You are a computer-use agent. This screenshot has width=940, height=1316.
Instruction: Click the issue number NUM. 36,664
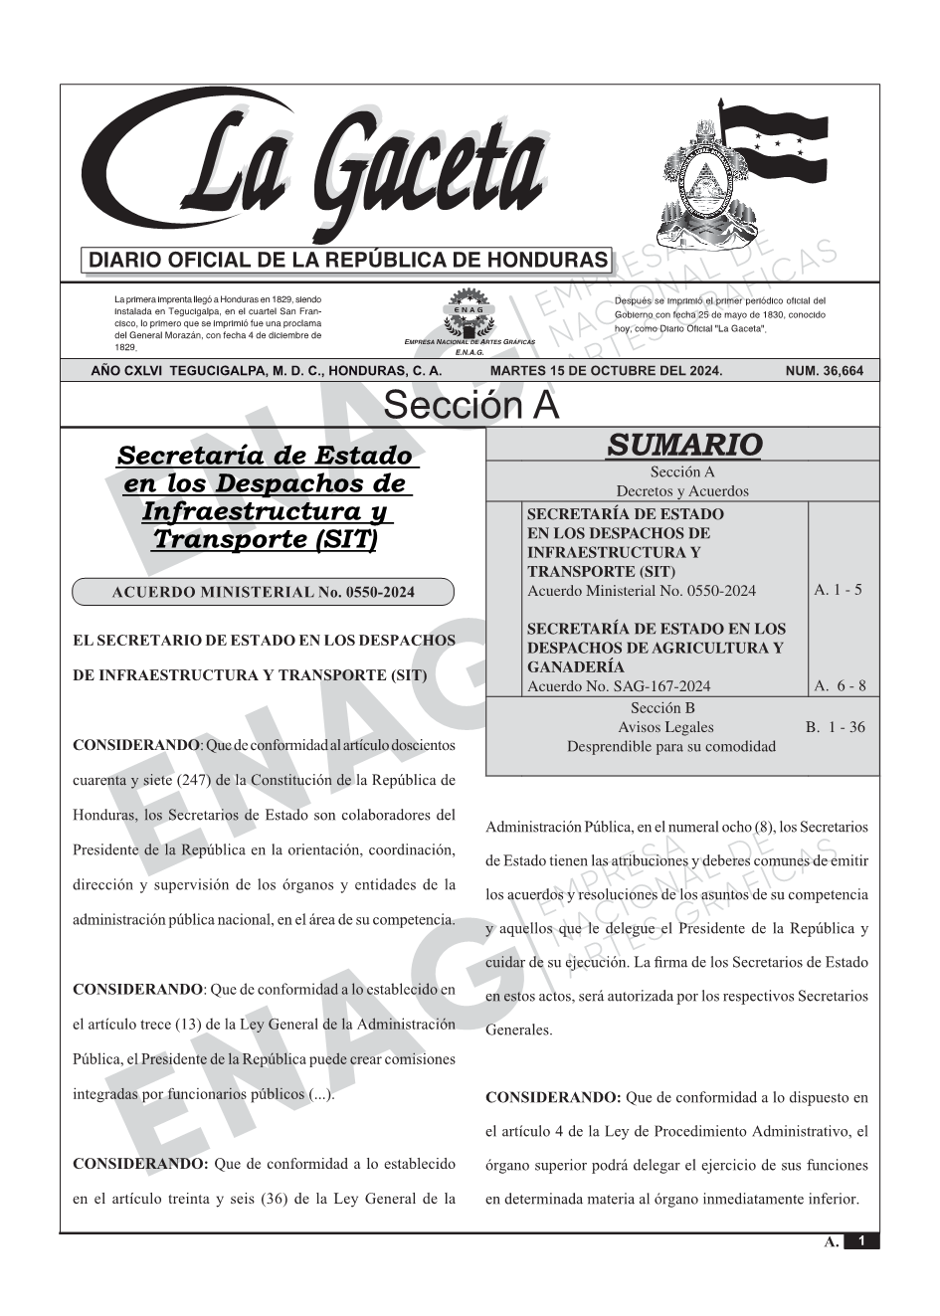(824, 371)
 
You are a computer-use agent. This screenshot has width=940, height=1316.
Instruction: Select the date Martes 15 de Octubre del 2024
(606, 371)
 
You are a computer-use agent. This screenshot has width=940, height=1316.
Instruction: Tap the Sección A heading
(470, 406)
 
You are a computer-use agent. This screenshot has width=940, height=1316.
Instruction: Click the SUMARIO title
(683, 445)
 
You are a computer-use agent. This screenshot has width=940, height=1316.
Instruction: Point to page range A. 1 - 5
(838, 590)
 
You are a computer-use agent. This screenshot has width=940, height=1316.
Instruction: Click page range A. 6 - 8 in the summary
(840, 685)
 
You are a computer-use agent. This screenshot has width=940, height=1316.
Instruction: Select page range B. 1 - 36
(835, 727)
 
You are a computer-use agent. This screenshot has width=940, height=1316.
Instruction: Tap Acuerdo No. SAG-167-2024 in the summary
(619, 685)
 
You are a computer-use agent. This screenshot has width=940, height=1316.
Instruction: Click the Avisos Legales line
(665, 727)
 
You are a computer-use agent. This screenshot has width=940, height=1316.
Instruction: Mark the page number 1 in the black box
(861, 1241)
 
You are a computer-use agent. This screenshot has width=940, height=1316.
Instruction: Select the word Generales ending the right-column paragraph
(518, 1030)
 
